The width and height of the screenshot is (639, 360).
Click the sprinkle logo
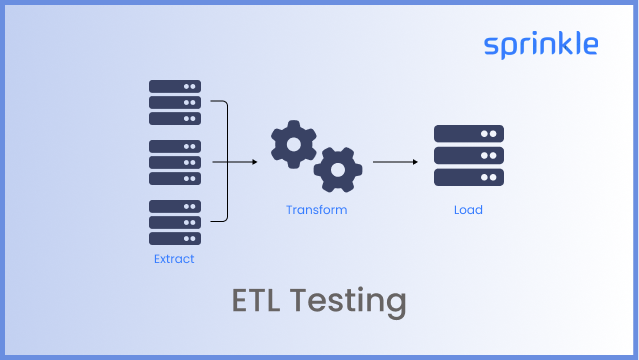(541, 45)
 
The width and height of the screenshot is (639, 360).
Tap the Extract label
(174, 260)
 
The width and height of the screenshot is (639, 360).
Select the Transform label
(316, 210)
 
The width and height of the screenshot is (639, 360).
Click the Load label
(468, 210)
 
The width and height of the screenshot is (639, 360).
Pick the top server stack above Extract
(174, 102)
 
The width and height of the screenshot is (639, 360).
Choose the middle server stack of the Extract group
(174, 162)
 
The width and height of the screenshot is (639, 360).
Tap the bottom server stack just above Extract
(174, 222)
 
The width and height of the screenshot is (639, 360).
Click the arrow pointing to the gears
(234, 160)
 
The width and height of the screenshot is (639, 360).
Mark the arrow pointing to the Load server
(395, 160)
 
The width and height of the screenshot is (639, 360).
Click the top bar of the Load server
(468, 133)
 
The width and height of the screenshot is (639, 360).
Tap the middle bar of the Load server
(468, 156)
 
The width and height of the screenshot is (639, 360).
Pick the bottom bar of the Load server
(468, 178)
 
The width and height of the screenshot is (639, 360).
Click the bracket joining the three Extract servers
(226, 160)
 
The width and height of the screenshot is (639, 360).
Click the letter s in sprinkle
(491, 46)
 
